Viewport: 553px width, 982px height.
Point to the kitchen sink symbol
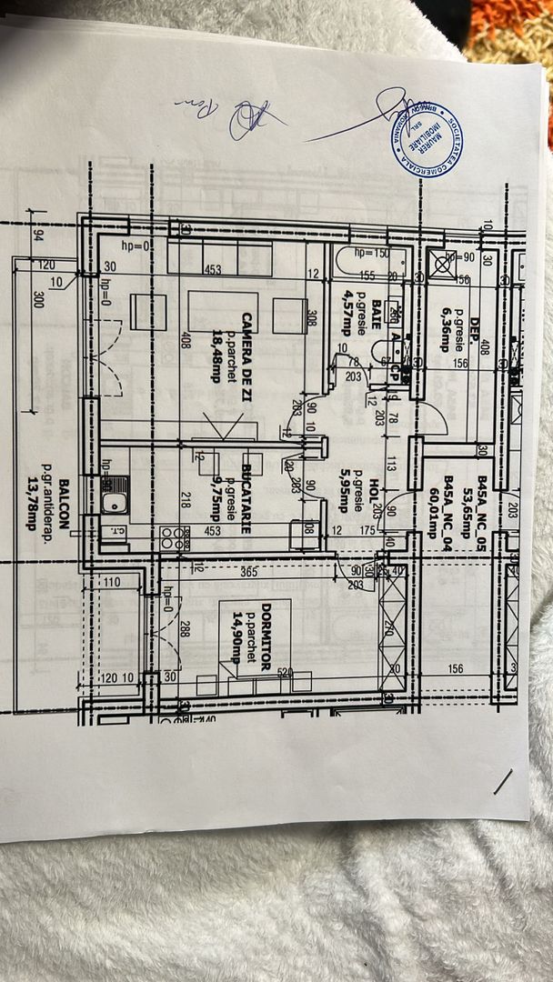tap(114, 501)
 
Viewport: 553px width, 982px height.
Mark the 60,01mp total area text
tap(431, 505)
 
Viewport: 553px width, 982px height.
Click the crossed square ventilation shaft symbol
tap(442, 263)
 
